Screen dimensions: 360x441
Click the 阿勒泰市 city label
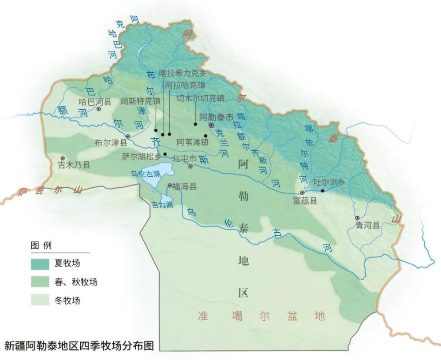pyautogui.click(x=216, y=118)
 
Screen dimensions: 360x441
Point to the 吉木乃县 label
pyautogui.click(x=74, y=165)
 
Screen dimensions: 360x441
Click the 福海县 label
pyautogui.click(x=184, y=186)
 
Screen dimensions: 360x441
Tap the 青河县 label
pyautogui.click(x=368, y=225)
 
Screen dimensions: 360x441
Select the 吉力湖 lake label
pyautogui.click(x=161, y=204)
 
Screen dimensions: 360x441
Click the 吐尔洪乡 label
pyautogui.click(x=329, y=182)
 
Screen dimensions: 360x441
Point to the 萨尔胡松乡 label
pyautogui.click(x=142, y=156)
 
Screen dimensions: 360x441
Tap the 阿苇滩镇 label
pyautogui.click(x=193, y=142)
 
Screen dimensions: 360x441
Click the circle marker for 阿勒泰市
pyautogui.click(x=211, y=126)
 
